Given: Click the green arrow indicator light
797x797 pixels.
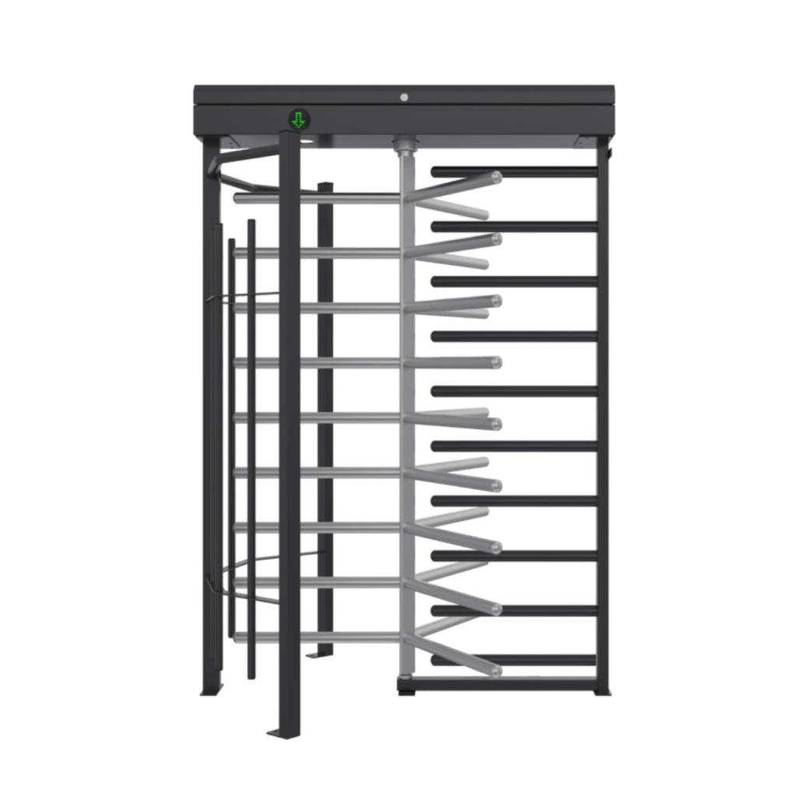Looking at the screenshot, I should pyautogui.click(x=298, y=120).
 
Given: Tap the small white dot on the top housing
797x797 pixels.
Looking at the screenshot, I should pyautogui.click(x=404, y=97).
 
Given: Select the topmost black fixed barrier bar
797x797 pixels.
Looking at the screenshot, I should pyautogui.click(x=514, y=170).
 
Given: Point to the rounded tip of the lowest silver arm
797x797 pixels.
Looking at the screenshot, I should pyautogui.click(x=496, y=669).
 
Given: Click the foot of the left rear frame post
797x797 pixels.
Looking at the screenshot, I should pyautogui.click(x=210, y=691).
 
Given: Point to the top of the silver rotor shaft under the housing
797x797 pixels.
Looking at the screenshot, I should pyautogui.click(x=404, y=145).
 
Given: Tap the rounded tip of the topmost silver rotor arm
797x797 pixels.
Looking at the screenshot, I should pyautogui.click(x=496, y=177).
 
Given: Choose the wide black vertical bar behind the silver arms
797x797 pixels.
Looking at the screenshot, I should pyautogui.click(x=325, y=413).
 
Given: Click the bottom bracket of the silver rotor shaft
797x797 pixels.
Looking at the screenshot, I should pyautogui.click(x=404, y=685).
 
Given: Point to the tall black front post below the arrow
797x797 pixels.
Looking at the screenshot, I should pyautogui.click(x=287, y=428).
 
